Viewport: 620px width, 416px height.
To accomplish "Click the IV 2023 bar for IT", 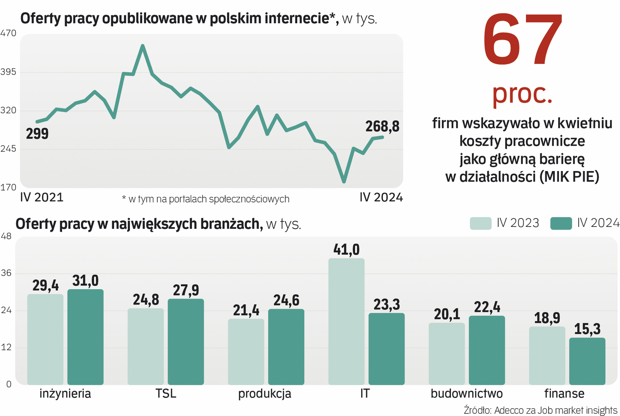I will click(346, 321).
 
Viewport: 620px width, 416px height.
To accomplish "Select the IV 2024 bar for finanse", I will click(587, 361).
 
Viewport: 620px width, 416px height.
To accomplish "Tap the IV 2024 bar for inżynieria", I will click(85, 337).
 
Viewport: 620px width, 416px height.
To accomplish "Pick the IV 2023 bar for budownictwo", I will click(446, 354).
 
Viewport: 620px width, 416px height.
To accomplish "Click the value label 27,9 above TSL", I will click(186, 290).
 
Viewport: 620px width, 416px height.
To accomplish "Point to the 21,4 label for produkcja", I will click(246, 310).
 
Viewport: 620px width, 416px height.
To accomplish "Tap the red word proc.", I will click(522, 94).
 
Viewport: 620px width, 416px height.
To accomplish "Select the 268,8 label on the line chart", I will click(382, 126).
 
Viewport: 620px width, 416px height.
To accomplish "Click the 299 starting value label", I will click(37, 134).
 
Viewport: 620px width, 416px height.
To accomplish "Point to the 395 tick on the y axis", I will click(8, 72).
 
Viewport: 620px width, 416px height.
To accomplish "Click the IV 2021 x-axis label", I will click(42, 197).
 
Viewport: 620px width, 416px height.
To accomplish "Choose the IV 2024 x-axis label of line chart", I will click(381, 197).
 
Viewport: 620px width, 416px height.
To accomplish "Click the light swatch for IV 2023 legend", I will click(480, 223).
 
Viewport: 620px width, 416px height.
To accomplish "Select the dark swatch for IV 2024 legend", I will click(561, 223).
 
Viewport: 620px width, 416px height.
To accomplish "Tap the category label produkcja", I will click(265, 394).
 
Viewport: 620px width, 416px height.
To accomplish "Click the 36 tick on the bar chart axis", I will click(7, 273).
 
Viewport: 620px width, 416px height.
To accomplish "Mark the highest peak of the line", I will click(143, 46).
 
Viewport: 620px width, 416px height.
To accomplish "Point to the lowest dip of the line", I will click(344, 181).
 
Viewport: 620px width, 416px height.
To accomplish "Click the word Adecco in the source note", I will click(509, 410).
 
